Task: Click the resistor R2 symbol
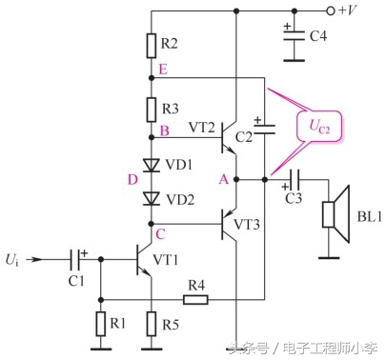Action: pyautogui.click(x=152, y=44)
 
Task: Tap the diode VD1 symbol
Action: pyautogui.click(x=152, y=165)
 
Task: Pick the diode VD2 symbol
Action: pyautogui.click(x=152, y=198)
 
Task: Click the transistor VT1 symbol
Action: pyautogui.click(x=141, y=258)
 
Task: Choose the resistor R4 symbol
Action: pyautogui.click(x=194, y=299)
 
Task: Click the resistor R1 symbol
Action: pyautogui.click(x=99, y=325)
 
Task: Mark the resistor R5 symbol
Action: pyautogui.click(x=152, y=325)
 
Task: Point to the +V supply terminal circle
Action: pyautogui.click(x=331, y=11)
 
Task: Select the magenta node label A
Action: pyautogui.click(x=223, y=179)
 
